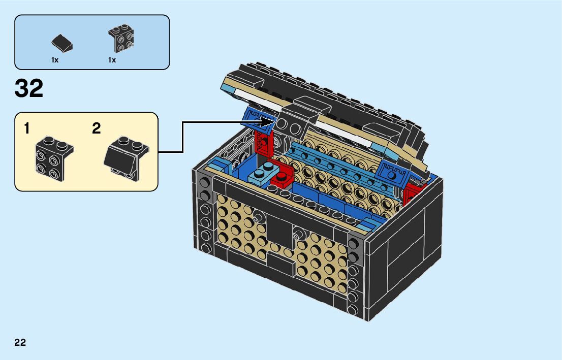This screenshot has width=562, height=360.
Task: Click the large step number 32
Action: tap(29, 89)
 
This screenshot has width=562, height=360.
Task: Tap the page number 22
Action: tap(20, 342)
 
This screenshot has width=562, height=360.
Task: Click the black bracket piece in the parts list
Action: tap(121, 38)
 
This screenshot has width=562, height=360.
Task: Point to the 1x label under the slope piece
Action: tap(55, 60)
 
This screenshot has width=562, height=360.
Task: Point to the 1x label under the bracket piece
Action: tap(112, 60)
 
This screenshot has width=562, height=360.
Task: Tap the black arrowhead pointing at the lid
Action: tap(268, 122)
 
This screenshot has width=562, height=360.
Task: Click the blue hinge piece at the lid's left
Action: tap(254, 117)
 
